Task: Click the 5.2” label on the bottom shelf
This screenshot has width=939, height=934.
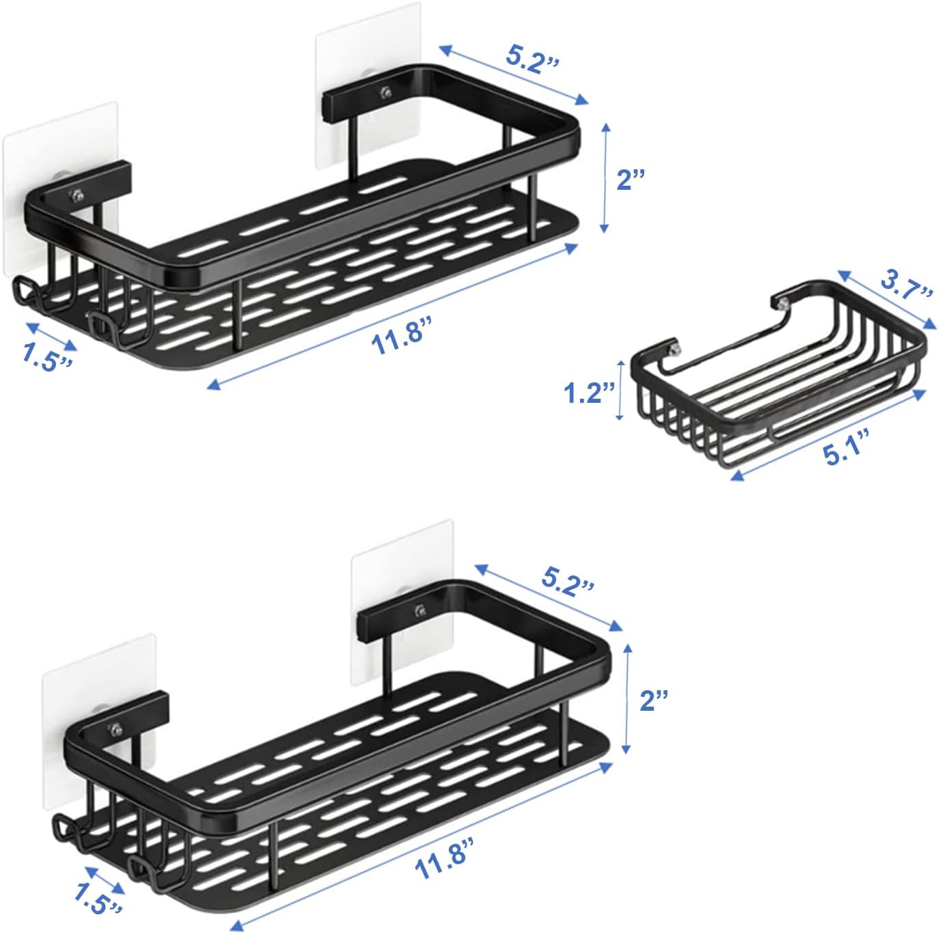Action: [568, 580]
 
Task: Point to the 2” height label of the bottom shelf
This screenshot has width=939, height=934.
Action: [653, 700]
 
